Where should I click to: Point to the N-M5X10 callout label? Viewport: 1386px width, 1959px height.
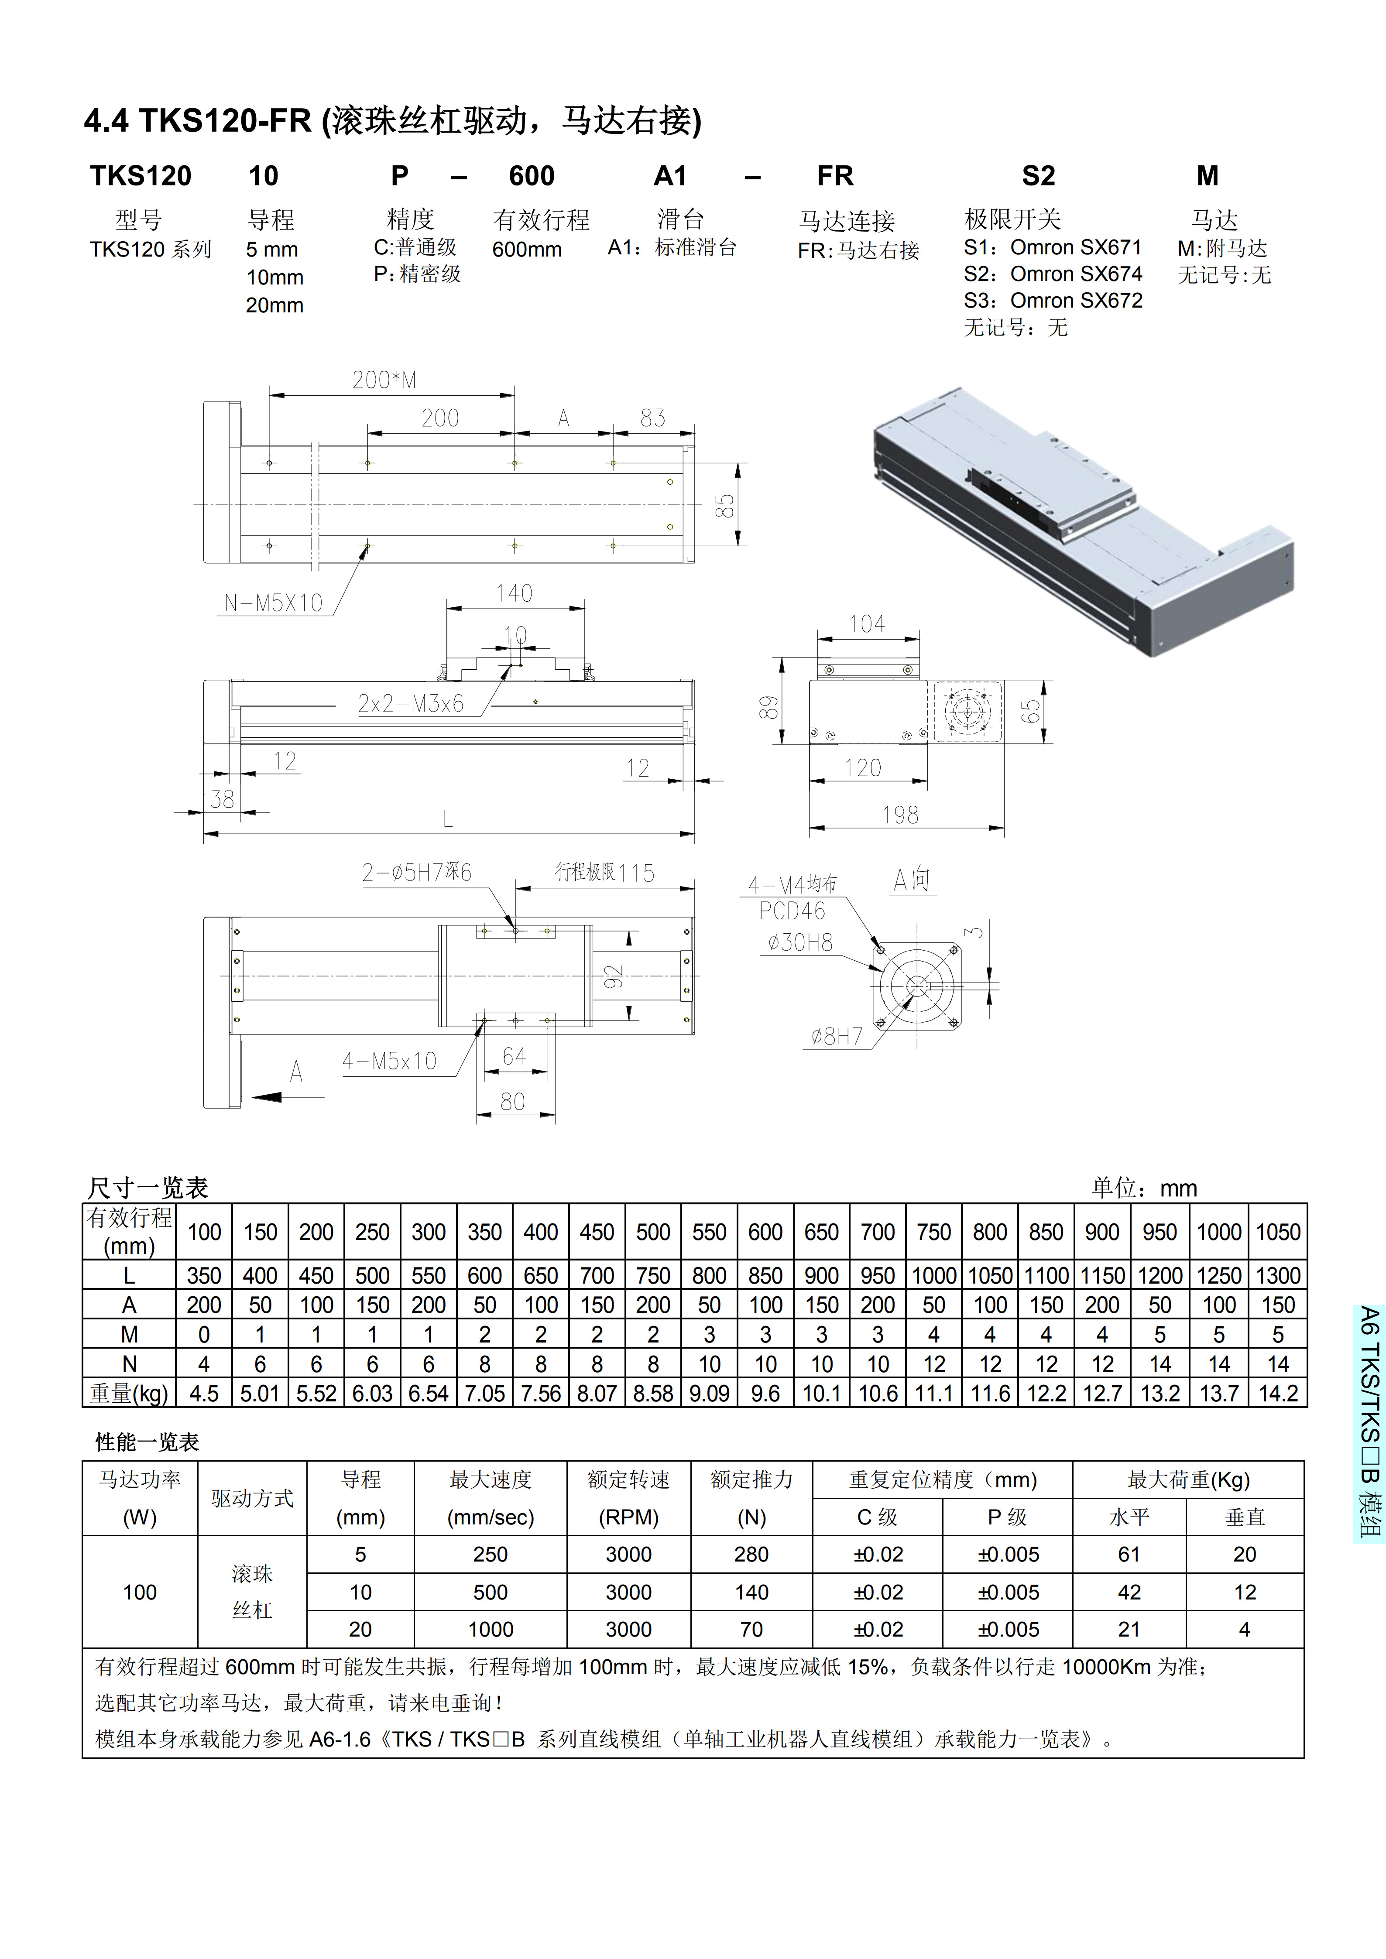click(x=273, y=603)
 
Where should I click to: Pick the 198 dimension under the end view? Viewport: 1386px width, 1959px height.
click(x=900, y=815)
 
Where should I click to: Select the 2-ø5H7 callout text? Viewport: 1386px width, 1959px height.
click(x=416, y=872)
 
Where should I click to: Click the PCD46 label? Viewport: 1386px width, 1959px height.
click(x=792, y=911)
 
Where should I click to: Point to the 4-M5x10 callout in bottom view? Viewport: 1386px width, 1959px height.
click(x=389, y=1062)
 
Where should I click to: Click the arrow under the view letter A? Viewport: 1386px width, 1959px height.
click(x=273, y=1096)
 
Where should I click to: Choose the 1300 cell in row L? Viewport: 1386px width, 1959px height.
click(x=1278, y=1276)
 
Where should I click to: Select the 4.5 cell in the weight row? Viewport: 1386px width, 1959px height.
click(x=204, y=1393)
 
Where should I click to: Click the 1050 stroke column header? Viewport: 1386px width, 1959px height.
click(x=1278, y=1232)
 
